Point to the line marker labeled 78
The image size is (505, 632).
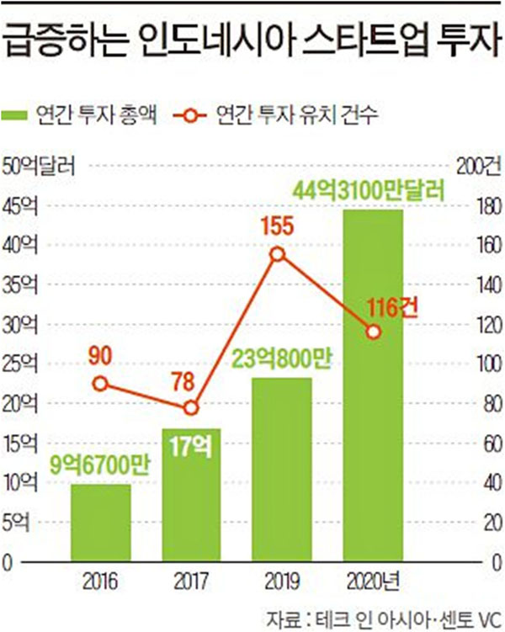tap(191, 407)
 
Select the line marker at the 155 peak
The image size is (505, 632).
tap(278, 254)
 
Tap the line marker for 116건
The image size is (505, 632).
tap(373, 332)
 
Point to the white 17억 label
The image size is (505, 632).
tap(190, 444)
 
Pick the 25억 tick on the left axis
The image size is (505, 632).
tap(23, 364)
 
